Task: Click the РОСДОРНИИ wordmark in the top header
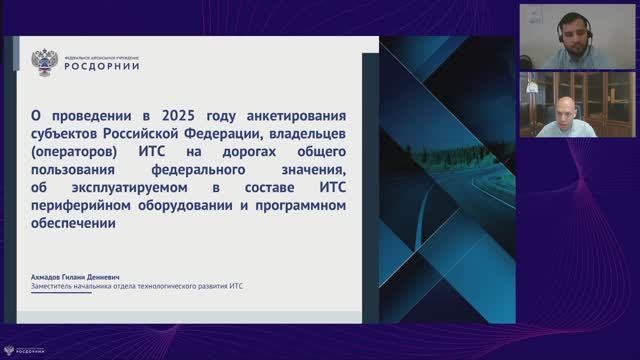102,67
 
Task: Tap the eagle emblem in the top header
43,62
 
